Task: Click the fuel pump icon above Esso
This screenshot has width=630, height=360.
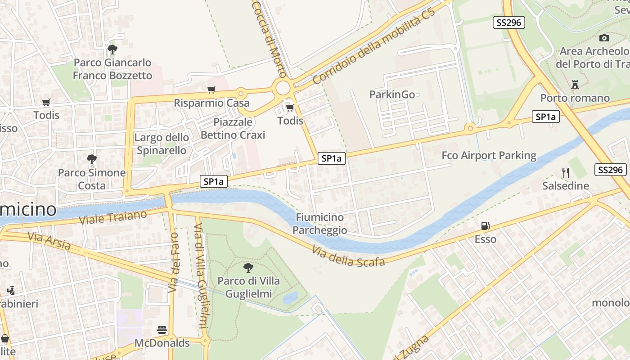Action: tap(485, 226)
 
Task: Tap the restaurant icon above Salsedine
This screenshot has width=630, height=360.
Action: tap(566, 172)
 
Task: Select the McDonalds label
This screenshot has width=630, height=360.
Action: tap(162, 343)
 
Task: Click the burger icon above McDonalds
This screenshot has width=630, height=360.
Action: tap(162, 330)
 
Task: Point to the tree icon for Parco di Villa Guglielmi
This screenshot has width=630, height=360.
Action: tap(248, 268)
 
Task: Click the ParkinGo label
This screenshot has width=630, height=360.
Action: tap(392, 94)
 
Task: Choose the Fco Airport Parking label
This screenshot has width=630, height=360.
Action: tap(489, 156)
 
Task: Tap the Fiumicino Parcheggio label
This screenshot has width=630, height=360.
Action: tap(319, 224)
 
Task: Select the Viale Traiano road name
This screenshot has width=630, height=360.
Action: tap(113, 217)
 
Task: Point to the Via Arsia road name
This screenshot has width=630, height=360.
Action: tap(49, 241)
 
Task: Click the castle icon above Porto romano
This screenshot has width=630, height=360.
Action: tap(575, 84)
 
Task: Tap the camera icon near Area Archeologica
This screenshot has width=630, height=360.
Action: tap(604, 38)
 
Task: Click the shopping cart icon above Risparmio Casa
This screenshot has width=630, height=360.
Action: tap(211, 90)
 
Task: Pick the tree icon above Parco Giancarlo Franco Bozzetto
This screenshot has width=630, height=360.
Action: tap(112, 49)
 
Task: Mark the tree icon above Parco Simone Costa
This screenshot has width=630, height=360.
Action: tap(91, 159)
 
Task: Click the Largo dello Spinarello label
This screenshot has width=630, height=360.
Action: tap(162, 144)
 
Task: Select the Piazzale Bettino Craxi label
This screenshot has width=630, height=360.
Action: tap(233, 128)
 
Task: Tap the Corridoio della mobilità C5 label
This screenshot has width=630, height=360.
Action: tap(374, 46)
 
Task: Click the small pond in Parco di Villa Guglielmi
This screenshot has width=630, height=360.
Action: tap(290, 297)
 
